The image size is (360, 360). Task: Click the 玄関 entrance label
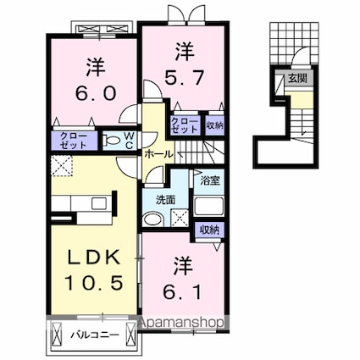[x=297, y=78]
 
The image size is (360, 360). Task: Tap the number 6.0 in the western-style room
[x=96, y=93]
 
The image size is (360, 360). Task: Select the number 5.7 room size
[x=184, y=78]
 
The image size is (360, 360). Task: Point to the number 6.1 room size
[x=183, y=291]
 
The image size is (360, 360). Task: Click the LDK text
[x=94, y=258]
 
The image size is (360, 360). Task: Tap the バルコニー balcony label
[x=95, y=335]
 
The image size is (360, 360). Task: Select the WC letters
[x=129, y=141]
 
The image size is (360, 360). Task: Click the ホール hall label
[x=158, y=154]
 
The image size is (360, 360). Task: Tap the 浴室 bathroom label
[x=210, y=181]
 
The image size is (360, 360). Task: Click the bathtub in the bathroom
[x=209, y=207]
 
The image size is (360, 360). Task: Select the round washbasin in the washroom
[x=152, y=219]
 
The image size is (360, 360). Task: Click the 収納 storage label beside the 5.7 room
[x=214, y=125]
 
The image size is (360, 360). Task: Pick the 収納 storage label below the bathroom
[x=210, y=230]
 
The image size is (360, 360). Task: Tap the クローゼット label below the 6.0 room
[x=74, y=141]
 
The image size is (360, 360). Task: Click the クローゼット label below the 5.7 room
[x=185, y=125]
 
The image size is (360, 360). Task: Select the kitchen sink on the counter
[x=99, y=202]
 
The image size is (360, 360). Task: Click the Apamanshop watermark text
[x=181, y=322]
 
